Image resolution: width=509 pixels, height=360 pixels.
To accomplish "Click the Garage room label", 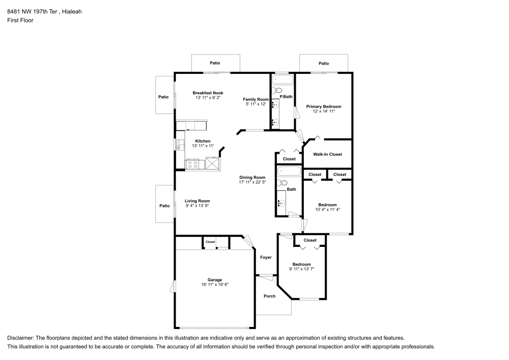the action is pyautogui.click(x=215, y=280).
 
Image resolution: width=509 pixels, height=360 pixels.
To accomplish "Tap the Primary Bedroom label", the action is pyautogui.click(x=324, y=106).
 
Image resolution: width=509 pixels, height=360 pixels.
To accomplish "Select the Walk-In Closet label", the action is pyautogui.click(x=327, y=154).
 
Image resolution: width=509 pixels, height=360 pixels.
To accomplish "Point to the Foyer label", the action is pyautogui.click(x=266, y=258).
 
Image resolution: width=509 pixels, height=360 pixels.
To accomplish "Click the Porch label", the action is pyautogui.click(x=269, y=296).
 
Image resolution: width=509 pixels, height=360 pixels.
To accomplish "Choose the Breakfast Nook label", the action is pyautogui.click(x=208, y=93).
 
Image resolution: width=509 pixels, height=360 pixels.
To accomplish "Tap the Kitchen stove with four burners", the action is pyautogui.click(x=192, y=164).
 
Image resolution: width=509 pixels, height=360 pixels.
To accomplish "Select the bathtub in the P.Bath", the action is pyautogui.click(x=282, y=79).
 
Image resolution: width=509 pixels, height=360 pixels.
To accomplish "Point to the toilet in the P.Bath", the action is pyautogui.click(x=277, y=90).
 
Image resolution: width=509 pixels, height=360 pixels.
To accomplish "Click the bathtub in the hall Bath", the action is pyautogui.click(x=288, y=171).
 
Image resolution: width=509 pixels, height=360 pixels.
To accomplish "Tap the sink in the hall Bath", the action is pyautogui.click(x=281, y=203).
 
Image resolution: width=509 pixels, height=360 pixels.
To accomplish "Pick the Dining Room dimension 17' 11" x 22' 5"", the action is pyautogui.click(x=252, y=182).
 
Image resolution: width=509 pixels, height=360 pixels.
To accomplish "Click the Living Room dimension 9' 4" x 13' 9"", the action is pyautogui.click(x=197, y=206).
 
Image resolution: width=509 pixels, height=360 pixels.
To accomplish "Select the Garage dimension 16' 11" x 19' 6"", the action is pyautogui.click(x=215, y=285).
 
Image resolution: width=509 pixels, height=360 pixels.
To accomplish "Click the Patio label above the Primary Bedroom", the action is pyautogui.click(x=324, y=63).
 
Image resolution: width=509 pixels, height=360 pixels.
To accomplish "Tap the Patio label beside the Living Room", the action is pyautogui.click(x=164, y=206).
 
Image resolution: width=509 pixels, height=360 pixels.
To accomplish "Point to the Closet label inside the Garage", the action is pyautogui.click(x=210, y=242).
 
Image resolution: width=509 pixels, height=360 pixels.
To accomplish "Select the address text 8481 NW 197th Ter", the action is pyautogui.click(x=32, y=12).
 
